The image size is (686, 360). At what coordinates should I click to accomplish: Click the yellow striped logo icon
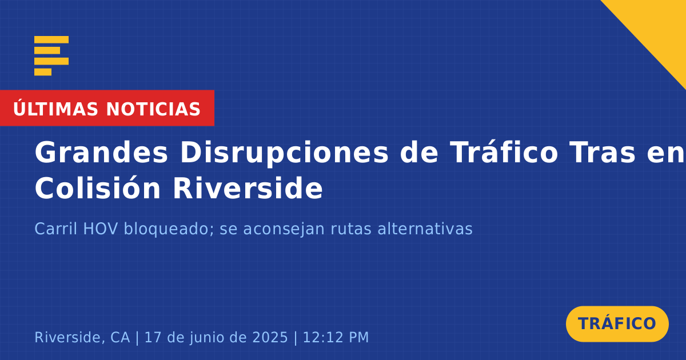click(x=51, y=56)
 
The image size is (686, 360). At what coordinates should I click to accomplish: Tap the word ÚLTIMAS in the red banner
click(x=55, y=109)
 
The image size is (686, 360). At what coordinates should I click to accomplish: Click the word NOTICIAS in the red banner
click(x=153, y=109)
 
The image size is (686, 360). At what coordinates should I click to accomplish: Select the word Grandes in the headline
click(x=101, y=152)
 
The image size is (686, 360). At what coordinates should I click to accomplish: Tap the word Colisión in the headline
click(x=98, y=187)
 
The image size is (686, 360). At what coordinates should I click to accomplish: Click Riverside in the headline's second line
click(x=248, y=187)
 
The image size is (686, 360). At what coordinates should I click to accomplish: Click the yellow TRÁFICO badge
click(x=617, y=323)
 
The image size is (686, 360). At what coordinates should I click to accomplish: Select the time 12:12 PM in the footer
click(x=336, y=337)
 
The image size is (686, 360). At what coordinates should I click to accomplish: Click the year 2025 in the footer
click(x=270, y=337)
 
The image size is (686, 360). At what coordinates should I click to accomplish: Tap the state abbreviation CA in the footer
click(x=120, y=337)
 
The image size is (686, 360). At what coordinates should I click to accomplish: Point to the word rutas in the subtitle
click(x=351, y=229)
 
